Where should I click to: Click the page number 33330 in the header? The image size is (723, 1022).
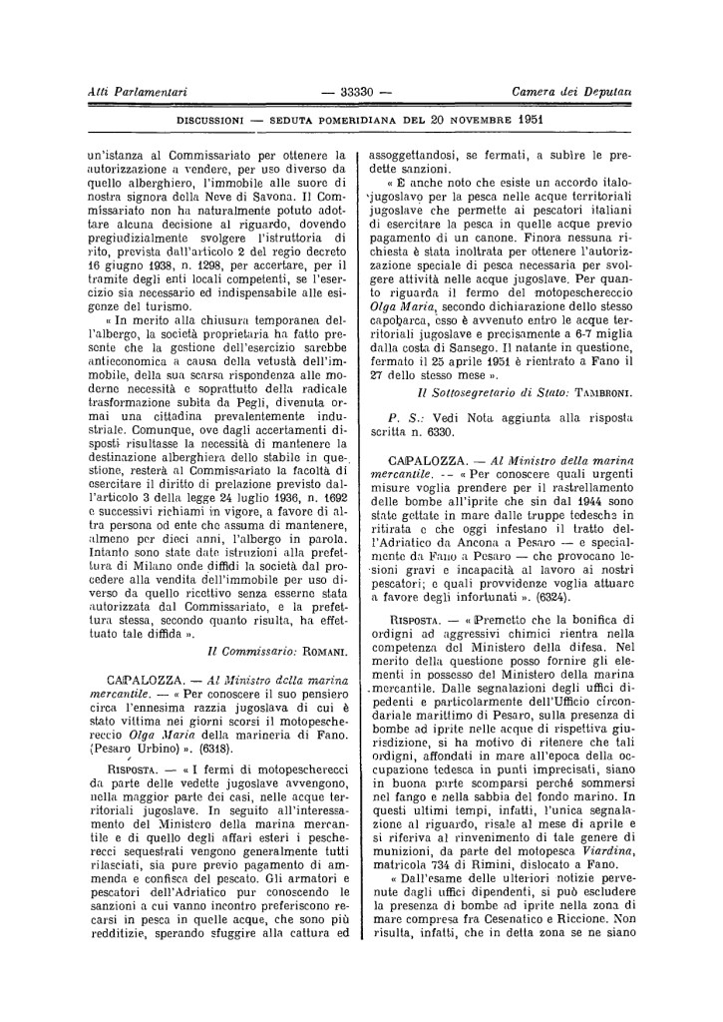click(x=356, y=92)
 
